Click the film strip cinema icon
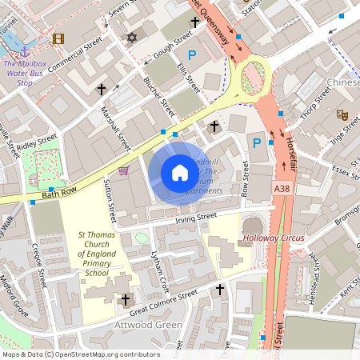[58, 38]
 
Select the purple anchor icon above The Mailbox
[24, 51]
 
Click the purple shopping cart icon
[123, 170]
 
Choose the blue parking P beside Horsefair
[257, 143]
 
